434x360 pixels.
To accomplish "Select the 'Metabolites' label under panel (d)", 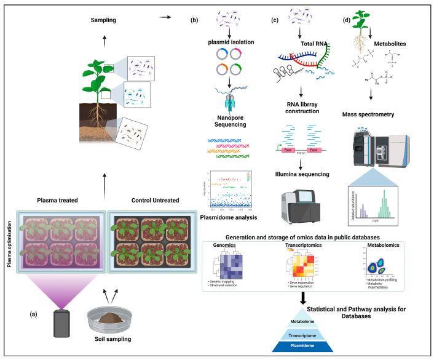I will (398, 44).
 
